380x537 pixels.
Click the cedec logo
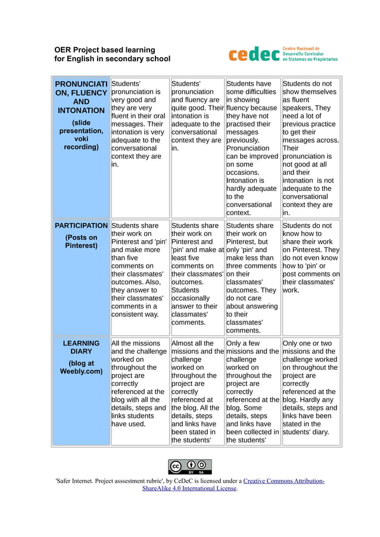tap(254, 54)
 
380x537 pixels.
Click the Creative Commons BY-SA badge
tap(190, 466)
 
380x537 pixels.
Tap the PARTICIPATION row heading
tap(81, 226)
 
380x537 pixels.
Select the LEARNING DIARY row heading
tap(81, 347)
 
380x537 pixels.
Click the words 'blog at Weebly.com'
tap(81, 367)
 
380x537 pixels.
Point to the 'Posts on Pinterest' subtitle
tap(81, 241)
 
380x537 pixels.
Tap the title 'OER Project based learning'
tap(105, 49)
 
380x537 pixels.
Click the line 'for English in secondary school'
tap(113, 59)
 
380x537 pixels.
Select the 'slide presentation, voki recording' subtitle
tap(81, 135)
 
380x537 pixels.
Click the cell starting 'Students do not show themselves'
tap(311, 147)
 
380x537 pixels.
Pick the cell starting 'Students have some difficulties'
tap(253, 147)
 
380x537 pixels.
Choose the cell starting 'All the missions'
tap(139, 384)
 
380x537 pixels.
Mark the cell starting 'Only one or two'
tap(311, 384)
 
